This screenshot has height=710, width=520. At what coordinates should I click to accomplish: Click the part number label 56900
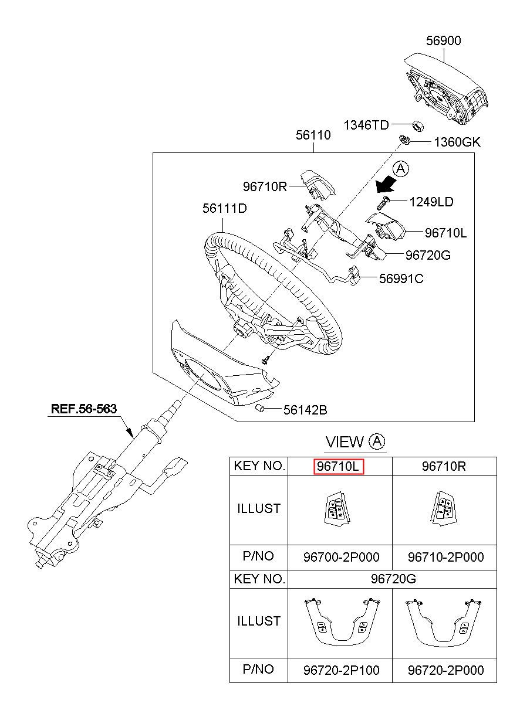pyautogui.click(x=443, y=40)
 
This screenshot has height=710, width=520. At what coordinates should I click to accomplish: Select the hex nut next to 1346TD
pyautogui.click(x=418, y=126)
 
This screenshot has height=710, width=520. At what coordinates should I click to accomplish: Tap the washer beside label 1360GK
pyautogui.click(x=404, y=140)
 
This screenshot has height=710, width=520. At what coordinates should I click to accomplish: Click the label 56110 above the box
pyautogui.click(x=313, y=135)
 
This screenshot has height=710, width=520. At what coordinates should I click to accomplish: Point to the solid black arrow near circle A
pyautogui.click(x=386, y=185)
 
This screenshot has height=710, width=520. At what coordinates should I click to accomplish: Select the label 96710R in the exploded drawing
pyautogui.click(x=265, y=186)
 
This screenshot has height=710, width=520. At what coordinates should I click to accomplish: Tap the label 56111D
pyautogui.click(x=225, y=208)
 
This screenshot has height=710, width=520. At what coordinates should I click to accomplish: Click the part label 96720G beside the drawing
pyautogui.click(x=428, y=255)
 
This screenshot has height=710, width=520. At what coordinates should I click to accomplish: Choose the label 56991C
pyautogui.click(x=401, y=278)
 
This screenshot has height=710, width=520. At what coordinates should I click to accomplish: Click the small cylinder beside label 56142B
pyautogui.click(x=259, y=408)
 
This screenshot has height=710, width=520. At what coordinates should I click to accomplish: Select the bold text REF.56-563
pyautogui.click(x=84, y=409)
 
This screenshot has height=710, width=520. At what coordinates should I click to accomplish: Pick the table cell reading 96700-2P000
pyautogui.click(x=341, y=557)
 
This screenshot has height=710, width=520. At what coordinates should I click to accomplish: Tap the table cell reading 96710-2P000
pyautogui.click(x=445, y=557)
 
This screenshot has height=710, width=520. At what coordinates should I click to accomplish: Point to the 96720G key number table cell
pyautogui.click(x=393, y=579)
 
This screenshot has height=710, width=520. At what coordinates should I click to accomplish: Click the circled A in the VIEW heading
pyautogui.click(x=377, y=441)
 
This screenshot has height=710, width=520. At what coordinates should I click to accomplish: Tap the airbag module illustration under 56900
pyautogui.click(x=446, y=89)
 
